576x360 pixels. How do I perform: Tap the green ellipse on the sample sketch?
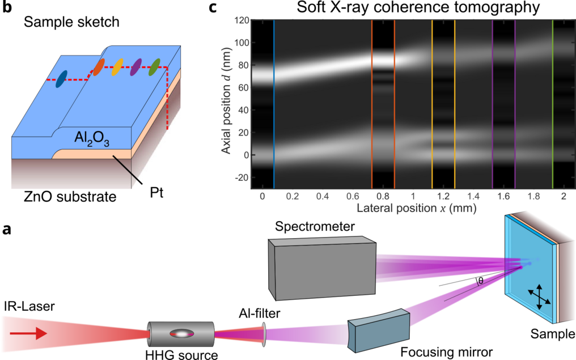click(x=155, y=66)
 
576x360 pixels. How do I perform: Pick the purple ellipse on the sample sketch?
click(x=136, y=67)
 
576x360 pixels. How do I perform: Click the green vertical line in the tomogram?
click(x=553, y=105)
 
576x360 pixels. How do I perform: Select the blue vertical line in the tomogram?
click(x=274, y=105)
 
